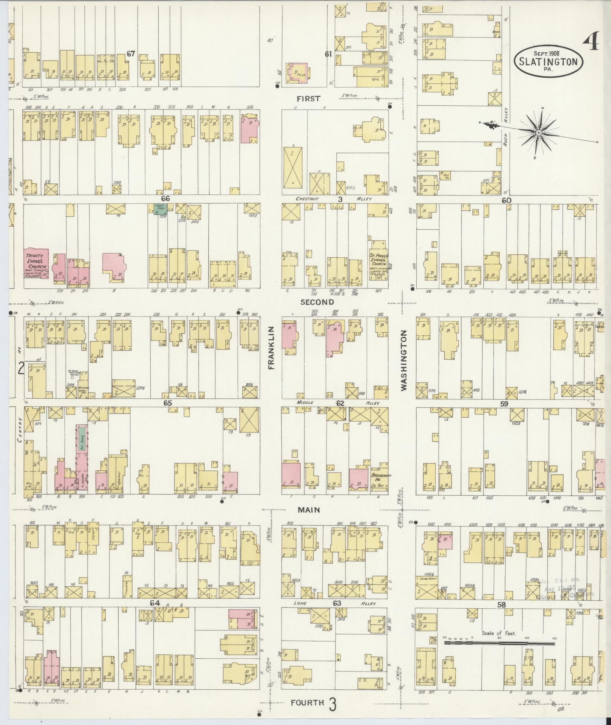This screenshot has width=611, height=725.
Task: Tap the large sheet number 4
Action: coord(591,41)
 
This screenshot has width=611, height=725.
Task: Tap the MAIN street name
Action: coord(309,510)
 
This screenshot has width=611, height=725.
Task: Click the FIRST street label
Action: coord(308,99)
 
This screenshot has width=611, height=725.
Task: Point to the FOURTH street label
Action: coord(308,703)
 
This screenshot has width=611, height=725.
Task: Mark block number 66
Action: coord(165,199)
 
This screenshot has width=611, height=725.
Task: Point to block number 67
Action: coord(131,54)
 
